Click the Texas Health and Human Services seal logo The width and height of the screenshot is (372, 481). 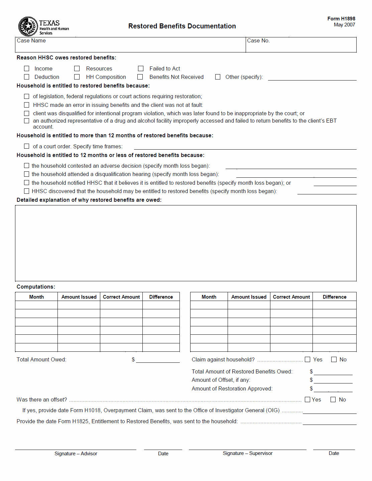28,26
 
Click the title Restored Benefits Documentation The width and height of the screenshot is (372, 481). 182,26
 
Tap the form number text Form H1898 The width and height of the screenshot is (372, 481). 341,19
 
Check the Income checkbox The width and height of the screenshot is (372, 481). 27,68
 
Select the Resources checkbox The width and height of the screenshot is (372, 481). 77,68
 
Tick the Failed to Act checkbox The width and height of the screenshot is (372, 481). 141,68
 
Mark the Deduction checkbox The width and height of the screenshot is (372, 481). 27,77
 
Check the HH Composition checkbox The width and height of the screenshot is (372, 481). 77,77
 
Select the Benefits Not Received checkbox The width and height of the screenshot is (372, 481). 140,77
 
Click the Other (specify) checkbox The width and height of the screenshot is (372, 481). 218,77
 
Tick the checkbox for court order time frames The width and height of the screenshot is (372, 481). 27,146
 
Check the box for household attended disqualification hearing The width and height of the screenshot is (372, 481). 27,174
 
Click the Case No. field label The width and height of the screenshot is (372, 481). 258,41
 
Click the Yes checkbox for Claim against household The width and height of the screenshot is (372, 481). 307,359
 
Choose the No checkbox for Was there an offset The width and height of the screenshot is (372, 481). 333,399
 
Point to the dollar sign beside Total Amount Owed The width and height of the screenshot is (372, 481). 133,359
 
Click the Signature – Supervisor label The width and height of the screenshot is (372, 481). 247,453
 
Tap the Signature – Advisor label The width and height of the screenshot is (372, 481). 76,454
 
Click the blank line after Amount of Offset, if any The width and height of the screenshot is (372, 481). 333,380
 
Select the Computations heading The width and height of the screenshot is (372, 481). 36,287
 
